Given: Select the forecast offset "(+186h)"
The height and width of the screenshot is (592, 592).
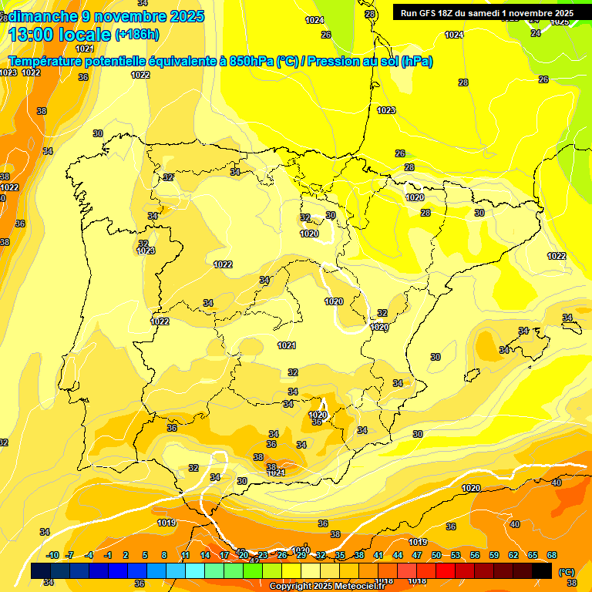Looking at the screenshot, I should pos(136,35).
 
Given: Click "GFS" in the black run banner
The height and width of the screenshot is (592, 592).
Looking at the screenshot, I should pos(432,13).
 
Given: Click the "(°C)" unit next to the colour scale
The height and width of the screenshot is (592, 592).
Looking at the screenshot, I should pos(567,572).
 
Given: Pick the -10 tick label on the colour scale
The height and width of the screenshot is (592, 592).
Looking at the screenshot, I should pos(52,555).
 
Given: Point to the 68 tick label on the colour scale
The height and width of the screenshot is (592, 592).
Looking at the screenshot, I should pos(552,555).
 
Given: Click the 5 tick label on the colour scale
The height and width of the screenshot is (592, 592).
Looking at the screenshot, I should pos(146,555).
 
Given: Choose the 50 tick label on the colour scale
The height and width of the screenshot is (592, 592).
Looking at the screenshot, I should pos(436,555).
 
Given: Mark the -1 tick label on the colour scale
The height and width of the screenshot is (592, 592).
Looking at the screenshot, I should pos(108,555).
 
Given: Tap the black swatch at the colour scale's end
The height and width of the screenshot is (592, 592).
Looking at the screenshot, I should pos(542,570).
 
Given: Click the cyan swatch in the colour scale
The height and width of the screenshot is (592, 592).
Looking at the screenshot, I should pos(195,570).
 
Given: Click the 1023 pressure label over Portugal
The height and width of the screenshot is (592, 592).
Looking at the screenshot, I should pos(146,251).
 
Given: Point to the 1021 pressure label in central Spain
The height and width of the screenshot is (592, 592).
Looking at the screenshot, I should pos(287,345).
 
